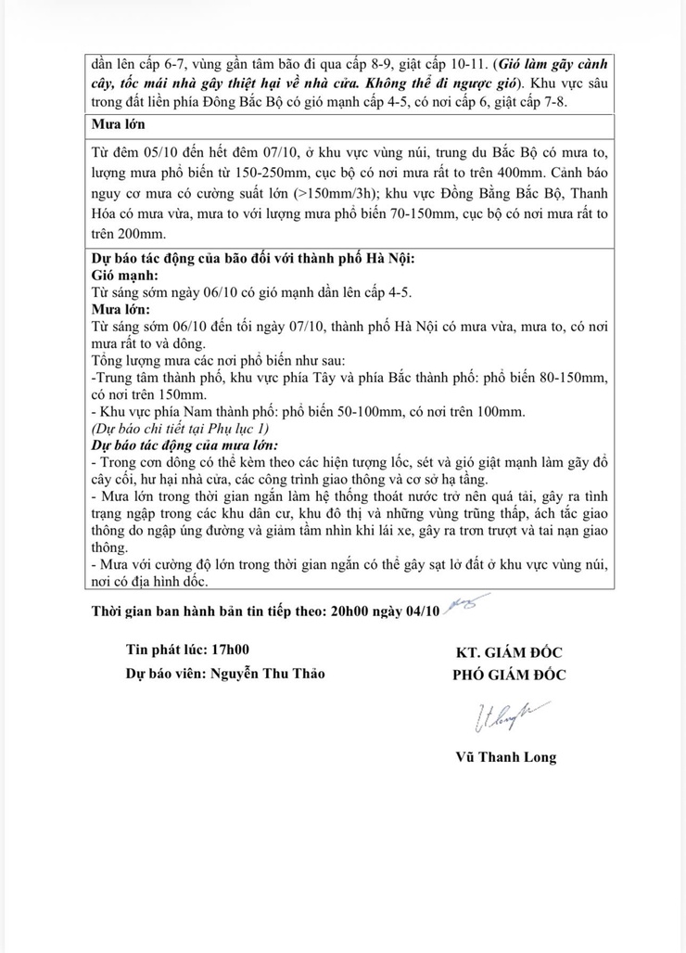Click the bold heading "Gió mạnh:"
[124, 276]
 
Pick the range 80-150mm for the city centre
[565, 377]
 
